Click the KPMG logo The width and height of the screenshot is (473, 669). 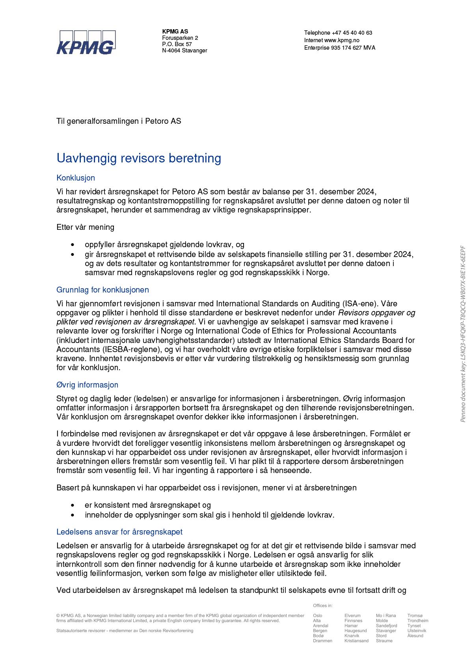pos(86,42)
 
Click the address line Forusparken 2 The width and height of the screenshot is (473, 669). pos(180,38)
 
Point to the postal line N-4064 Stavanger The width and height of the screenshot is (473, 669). pos(184,50)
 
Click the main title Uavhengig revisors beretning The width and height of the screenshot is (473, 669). pos(139,158)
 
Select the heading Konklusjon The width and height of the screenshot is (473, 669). pos(76,178)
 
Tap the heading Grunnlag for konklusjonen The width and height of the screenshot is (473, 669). pos(102,290)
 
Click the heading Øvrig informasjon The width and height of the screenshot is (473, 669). pos(87,385)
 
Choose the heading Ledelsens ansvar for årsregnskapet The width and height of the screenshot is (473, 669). pos(119,532)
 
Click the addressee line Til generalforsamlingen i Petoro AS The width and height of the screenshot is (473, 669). pos(119,121)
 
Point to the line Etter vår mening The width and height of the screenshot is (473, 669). pos(85,227)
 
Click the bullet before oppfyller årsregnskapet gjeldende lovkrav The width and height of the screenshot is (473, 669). pos(73,245)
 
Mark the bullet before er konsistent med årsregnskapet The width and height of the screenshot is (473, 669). pos(73,505)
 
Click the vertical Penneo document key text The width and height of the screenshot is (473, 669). pos(463,334)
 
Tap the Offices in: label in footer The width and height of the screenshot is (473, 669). pos(322,606)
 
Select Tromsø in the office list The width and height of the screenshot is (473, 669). pos(415,615)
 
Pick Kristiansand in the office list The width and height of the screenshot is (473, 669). pos(356,641)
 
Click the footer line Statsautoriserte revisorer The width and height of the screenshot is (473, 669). pos(125,631)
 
